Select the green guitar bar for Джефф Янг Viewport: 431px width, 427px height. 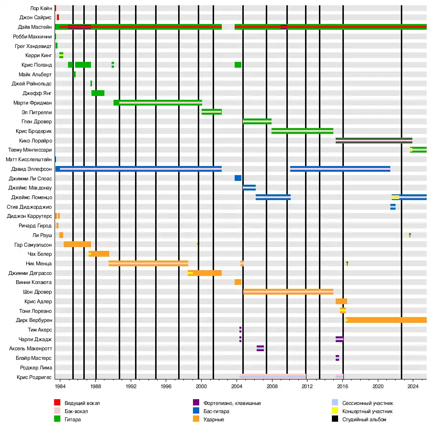(x=98, y=93)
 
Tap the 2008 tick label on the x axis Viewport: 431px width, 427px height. (x=272, y=386)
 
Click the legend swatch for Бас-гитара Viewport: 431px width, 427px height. (x=196, y=411)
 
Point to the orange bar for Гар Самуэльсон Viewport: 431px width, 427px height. (x=77, y=244)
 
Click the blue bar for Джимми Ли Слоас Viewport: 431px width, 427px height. (x=238, y=178)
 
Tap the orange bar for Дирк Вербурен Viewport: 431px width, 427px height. (x=386, y=320)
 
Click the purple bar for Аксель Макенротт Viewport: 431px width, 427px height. (x=260, y=348)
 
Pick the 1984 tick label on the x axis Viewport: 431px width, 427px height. (x=60, y=386)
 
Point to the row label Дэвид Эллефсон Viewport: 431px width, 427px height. (x=32, y=169)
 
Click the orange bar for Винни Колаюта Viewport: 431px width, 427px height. (x=238, y=282)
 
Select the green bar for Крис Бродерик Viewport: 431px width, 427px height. (x=302, y=131)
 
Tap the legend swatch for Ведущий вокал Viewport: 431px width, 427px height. (x=57, y=403)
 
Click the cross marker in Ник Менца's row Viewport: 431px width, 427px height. (x=347, y=263)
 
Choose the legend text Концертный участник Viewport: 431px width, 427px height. (x=369, y=411)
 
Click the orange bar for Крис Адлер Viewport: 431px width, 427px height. (x=341, y=301)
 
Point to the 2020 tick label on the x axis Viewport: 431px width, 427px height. (x=378, y=386)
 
